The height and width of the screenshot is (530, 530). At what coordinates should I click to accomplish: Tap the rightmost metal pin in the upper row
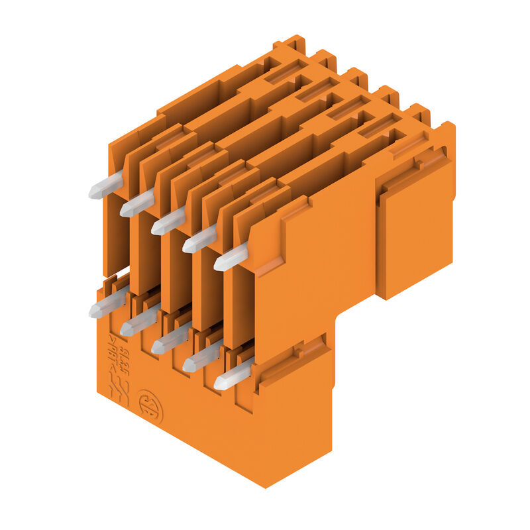pos(231,257)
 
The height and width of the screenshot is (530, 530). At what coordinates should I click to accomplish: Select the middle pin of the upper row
pos(168,222)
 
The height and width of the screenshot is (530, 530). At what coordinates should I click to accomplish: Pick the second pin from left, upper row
pos(137,204)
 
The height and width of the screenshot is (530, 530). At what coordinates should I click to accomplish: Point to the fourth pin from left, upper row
pos(199,240)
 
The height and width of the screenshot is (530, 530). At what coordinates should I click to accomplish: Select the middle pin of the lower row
pos(170,341)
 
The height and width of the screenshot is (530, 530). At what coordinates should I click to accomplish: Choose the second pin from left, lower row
pos(138,323)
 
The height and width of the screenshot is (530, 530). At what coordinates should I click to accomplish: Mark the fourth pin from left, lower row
pos(201,358)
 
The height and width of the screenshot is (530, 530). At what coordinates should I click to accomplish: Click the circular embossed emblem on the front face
pos(150,406)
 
